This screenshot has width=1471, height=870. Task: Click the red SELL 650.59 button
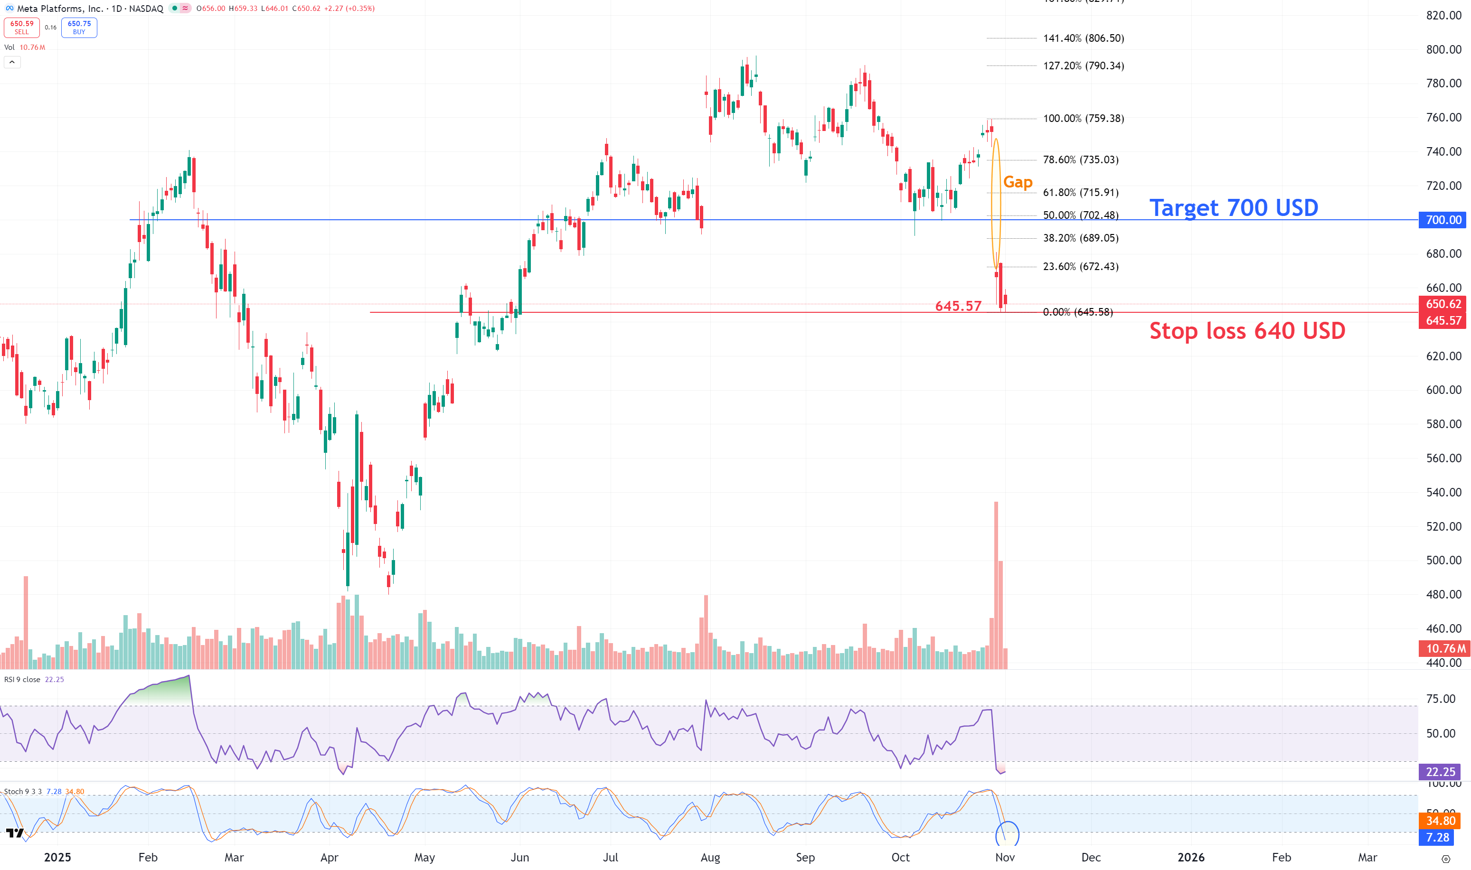pos(22,28)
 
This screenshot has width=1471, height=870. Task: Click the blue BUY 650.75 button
pos(79,28)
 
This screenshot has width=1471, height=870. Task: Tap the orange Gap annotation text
pos(1018,182)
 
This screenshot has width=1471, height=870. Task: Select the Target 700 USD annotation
pos(1234,207)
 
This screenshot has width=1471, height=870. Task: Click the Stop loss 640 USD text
pos(1247,331)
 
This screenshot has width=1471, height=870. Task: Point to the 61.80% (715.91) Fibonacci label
pos(1080,192)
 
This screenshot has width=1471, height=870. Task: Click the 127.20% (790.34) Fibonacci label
pos(1084,65)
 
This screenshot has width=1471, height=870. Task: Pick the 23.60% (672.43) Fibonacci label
pos(1080,267)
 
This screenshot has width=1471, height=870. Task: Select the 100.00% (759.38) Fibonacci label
pos(1084,119)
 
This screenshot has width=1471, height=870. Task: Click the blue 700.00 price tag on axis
pos(1443,220)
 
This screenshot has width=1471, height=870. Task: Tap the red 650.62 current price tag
pos(1443,304)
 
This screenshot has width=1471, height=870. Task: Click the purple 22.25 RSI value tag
pos(1440,771)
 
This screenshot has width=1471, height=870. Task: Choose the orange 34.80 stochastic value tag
pos(1441,821)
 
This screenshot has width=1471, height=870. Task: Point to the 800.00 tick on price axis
pos(1443,49)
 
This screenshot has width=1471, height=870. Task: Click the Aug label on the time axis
pos(710,857)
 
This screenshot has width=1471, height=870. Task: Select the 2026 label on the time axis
pos(1191,857)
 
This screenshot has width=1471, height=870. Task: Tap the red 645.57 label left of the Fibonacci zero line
pos(958,306)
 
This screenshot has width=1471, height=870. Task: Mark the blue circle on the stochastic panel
pos(1007,833)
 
